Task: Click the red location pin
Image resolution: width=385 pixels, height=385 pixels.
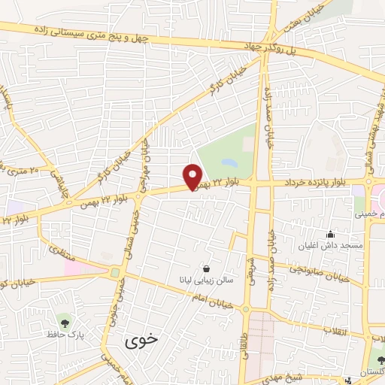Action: (193, 176)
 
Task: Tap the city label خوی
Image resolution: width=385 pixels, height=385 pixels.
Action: (142, 339)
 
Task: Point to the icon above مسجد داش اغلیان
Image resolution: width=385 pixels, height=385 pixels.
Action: (332, 234)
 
